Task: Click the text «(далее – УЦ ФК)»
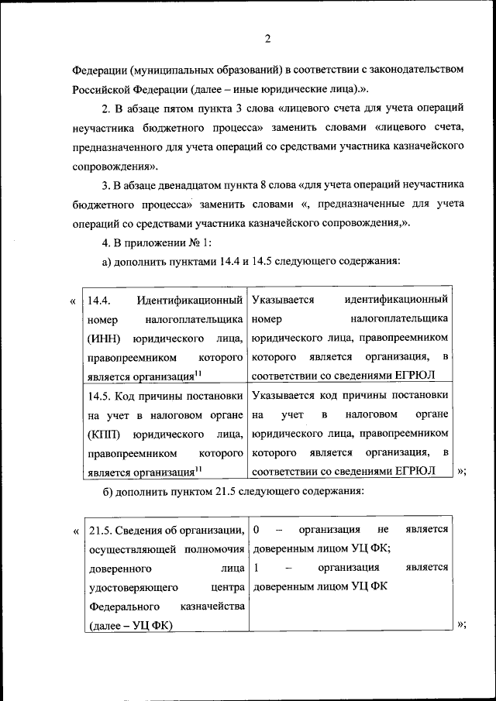pos(131,624)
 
